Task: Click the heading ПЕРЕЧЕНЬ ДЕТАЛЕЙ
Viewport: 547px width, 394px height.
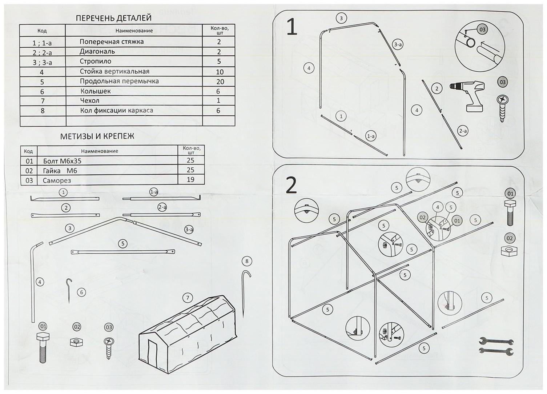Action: (113, 18)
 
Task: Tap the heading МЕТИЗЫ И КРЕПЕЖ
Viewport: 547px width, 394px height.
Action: (97, 136)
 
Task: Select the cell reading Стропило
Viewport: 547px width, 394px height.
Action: (96, 61)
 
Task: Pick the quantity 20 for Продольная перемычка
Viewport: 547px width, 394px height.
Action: (220, 81)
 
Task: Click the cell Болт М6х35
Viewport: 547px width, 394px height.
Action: (62, 161)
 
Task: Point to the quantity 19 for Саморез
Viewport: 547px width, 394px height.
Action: (190, 179)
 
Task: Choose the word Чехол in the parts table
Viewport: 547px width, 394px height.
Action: (89, 100)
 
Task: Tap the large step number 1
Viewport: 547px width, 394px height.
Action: (292, 28)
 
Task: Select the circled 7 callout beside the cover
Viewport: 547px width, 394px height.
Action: (188, 298)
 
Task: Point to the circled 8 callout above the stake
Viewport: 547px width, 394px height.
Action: (247, 261)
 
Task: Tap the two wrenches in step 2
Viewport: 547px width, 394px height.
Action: (496, 346)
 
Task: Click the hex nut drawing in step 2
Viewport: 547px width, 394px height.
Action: (510, 251)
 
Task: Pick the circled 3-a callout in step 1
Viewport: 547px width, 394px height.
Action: (398, 45)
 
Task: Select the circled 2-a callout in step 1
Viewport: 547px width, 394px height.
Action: (463, 131)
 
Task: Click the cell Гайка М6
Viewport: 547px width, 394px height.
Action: (60, 171)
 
